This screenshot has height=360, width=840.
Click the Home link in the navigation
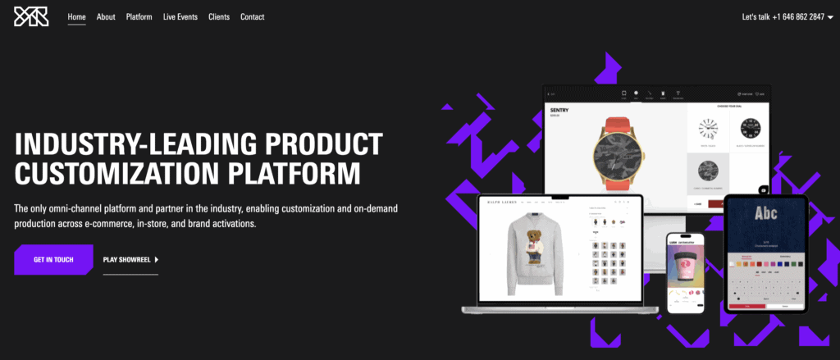[x=77, y=16]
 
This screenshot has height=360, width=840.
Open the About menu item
[x=106, y=16]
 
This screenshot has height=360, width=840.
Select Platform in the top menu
[x=139, y=16]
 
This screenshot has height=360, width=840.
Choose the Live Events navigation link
[x=180, y=16]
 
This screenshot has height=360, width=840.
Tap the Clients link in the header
[x=219, y=16]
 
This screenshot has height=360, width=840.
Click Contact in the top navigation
[x=252, y=16]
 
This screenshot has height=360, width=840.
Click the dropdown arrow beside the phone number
[x=830, y=17]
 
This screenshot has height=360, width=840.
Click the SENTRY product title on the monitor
[x=561, y=109]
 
